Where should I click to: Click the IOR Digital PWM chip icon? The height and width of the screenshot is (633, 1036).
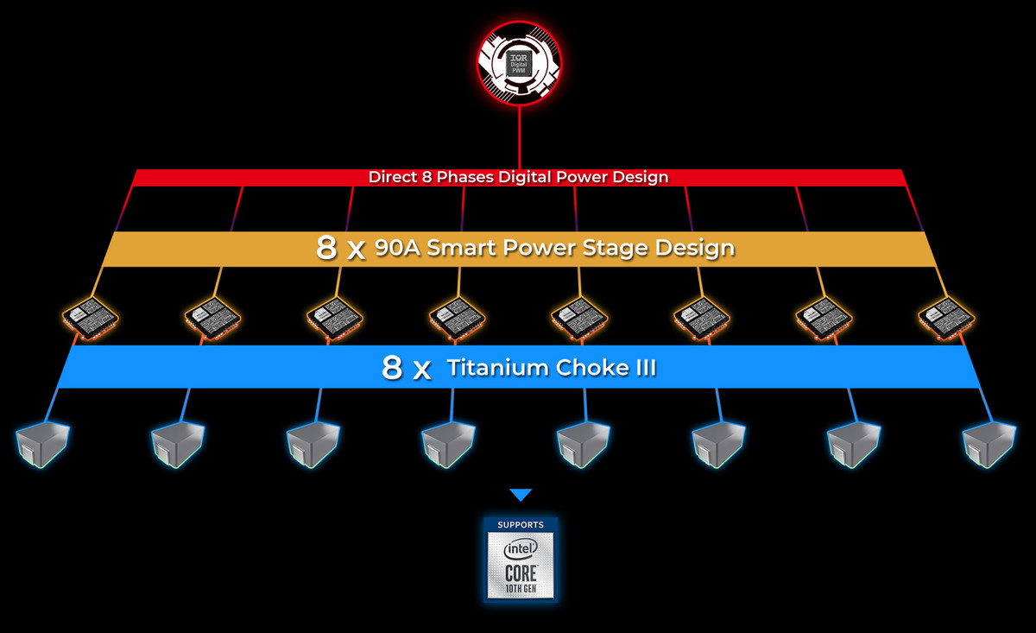click(519, 63)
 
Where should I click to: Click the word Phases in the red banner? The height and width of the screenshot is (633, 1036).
click(464, 177)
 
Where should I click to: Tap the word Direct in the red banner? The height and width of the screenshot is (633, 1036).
click(393, 177)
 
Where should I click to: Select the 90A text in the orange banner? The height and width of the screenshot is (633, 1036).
click(397, 248)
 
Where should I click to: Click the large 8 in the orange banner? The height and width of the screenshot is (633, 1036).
click(326, 247)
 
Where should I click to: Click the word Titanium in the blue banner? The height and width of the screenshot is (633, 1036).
click(497, 368)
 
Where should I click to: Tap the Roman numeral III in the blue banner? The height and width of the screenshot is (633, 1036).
click(645, 368)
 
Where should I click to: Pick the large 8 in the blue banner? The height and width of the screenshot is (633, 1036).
click(392, 368)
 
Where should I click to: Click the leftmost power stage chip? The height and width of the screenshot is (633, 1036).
click(91, 319)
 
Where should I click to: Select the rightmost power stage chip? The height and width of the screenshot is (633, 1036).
click(946, 319)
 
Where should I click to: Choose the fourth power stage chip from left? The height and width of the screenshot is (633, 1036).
click(457, 319)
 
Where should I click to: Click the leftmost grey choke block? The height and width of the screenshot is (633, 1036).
click(42, 445)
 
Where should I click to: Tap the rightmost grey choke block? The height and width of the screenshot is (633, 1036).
click(989, 445)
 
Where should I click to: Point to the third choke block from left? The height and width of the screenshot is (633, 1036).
click(313, 445)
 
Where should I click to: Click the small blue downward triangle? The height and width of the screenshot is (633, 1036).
click(521, 495)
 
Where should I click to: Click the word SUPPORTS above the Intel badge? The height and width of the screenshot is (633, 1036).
click(521, 525)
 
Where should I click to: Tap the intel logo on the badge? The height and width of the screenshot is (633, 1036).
click(521, 549)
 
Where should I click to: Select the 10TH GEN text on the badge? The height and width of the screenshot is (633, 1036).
click(521, 589)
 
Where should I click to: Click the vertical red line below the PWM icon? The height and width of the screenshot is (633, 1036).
click(520, 138)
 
